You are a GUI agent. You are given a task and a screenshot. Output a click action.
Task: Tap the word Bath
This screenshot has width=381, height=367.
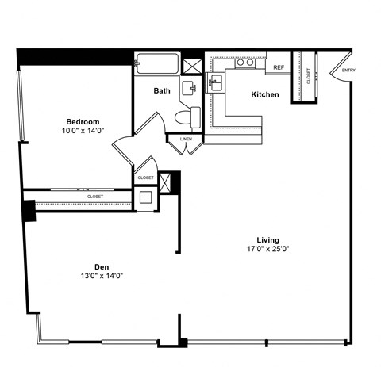tap(162, 91)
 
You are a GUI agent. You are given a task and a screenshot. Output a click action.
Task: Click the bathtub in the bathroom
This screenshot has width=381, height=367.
tap(157, 63)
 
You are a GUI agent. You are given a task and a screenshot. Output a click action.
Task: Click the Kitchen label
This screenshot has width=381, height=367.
tap(265, 95)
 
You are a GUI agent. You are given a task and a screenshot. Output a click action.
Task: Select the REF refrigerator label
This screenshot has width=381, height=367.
tap(279, 68)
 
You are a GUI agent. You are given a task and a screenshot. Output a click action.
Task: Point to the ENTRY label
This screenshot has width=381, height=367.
tap(348, 71)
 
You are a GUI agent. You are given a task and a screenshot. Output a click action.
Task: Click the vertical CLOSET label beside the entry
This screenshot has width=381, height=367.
tap(308, 76)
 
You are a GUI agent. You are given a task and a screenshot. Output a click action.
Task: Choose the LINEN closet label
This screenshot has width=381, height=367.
tap(186, 140)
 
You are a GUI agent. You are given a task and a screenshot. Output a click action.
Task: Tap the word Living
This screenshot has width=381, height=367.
tap(267, 240)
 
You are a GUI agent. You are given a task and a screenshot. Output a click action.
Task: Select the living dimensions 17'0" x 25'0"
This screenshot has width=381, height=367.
tap(267, 250)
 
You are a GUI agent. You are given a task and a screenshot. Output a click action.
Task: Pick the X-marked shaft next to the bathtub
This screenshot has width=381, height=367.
tap(192, 63)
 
